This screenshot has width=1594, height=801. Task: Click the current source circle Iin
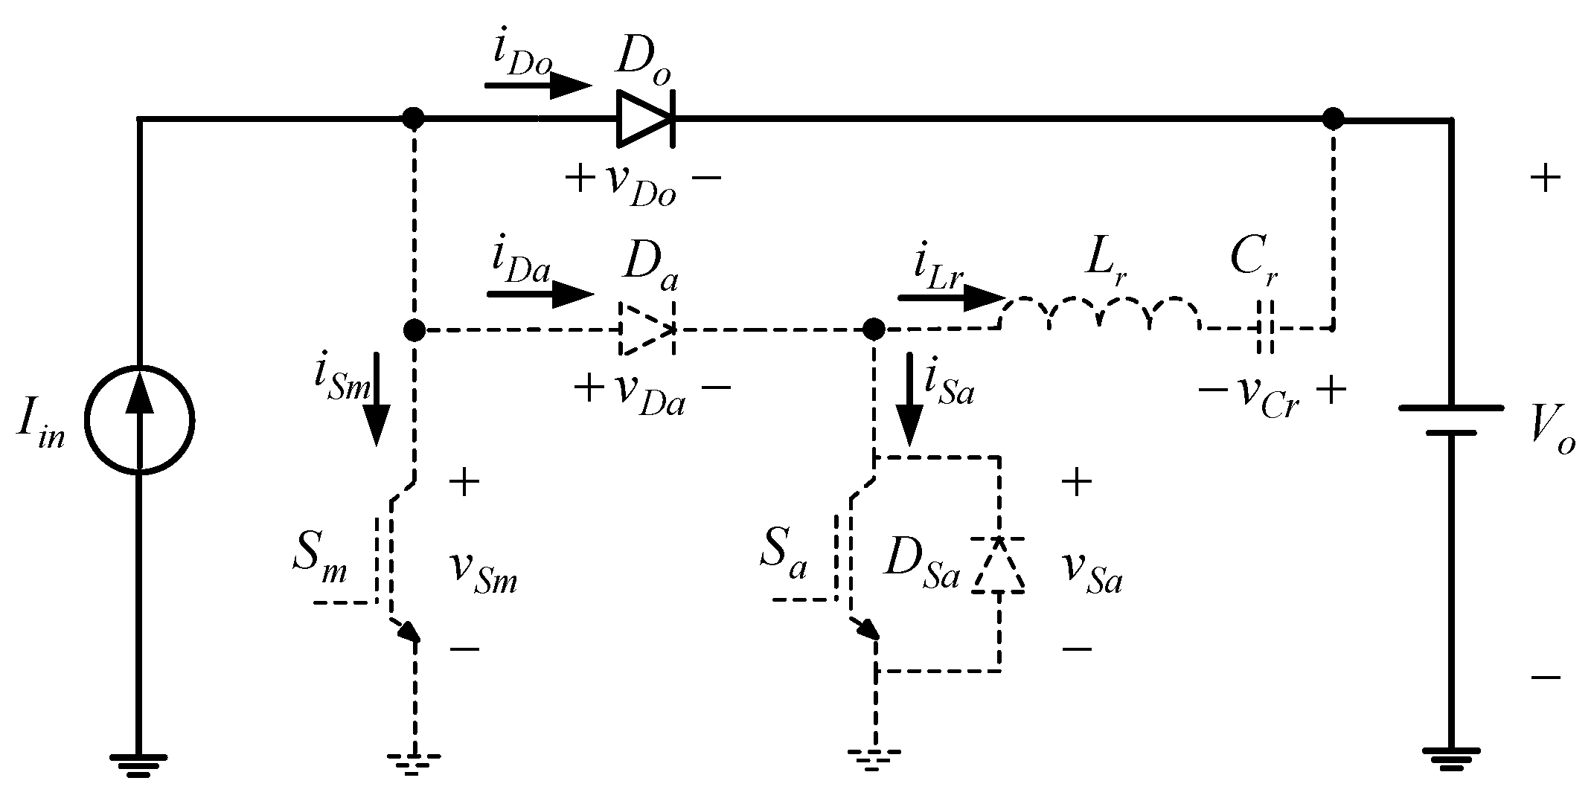(x=139, y=419)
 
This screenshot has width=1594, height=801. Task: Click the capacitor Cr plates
(x=1266, y=327)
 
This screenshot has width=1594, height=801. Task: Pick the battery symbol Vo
(x=1451, y=420)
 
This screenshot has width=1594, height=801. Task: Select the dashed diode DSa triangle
(x=999, y=565)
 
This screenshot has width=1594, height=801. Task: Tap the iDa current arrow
(x=540, y=295)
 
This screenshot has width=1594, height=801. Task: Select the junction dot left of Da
(x=414, y=329)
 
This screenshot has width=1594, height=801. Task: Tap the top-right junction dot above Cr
(x=1333, y=118)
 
